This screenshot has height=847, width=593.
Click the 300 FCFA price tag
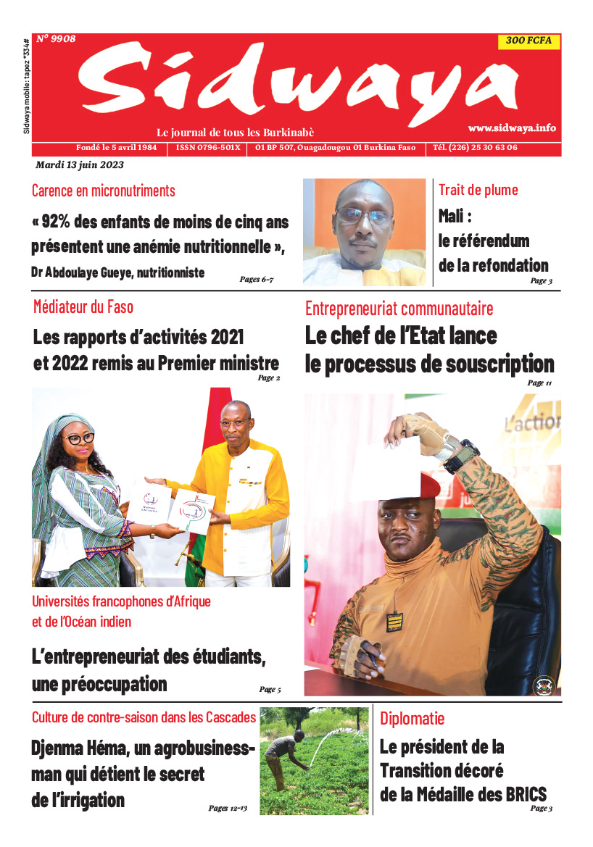click(x=528, y=41)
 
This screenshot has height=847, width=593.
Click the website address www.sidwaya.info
click(x=512, y=128)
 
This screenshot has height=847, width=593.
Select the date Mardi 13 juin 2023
click(x=80, y=164)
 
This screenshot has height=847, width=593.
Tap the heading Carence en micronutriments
click(x=103, y=191)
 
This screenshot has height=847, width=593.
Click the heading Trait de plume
click(x=478, y=190)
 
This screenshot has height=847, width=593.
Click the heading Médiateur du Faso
click(x=83, y=307)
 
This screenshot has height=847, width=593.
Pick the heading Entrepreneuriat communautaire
click(x=399, y=309)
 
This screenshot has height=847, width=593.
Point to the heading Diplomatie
click(x=412, y=719)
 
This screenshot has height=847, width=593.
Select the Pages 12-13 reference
click(x=228, y=808)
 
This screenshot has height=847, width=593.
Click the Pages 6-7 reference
click(x=257, y=278)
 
